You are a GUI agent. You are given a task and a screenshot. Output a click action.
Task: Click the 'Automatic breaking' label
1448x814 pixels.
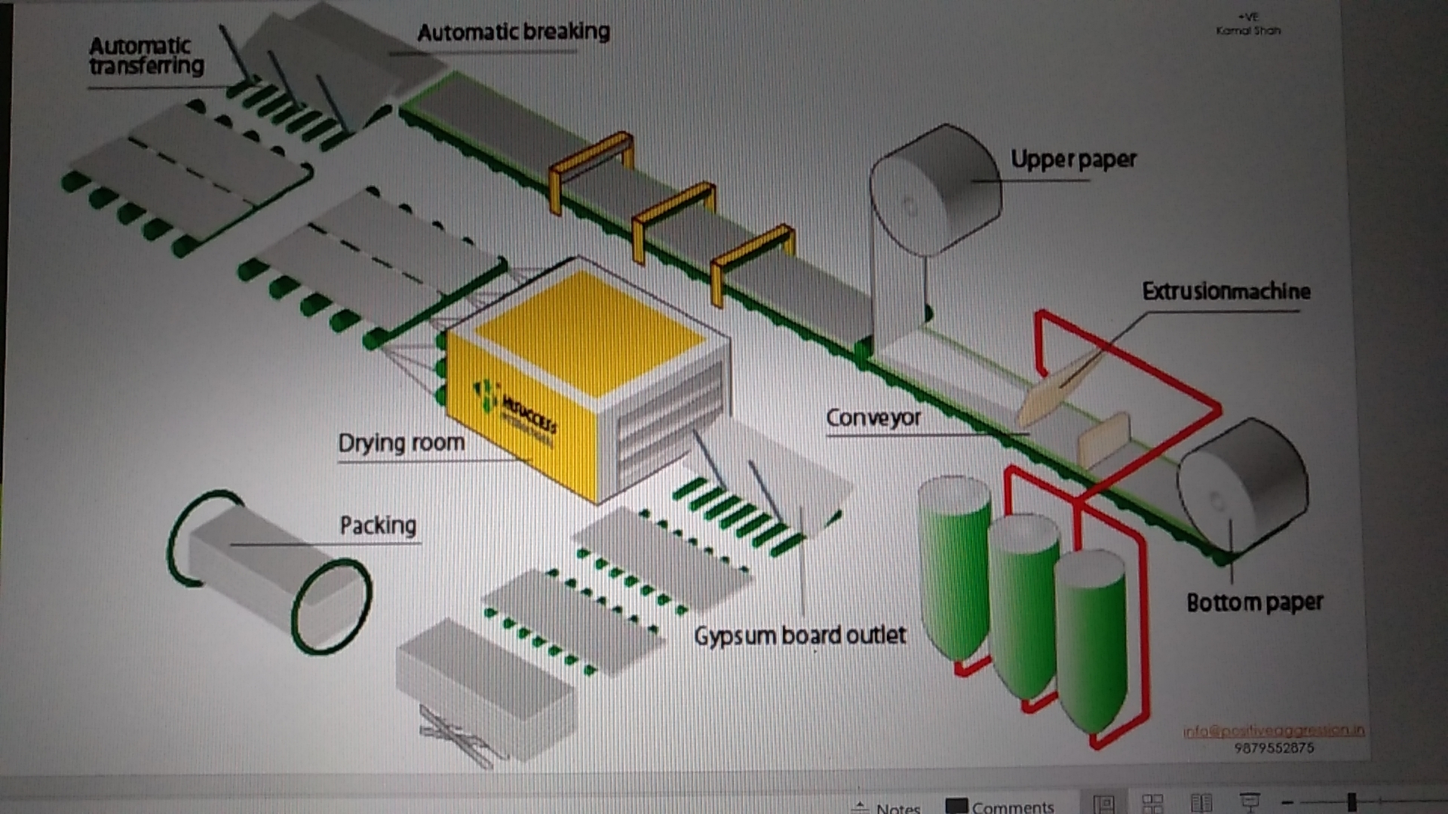coord(513,32)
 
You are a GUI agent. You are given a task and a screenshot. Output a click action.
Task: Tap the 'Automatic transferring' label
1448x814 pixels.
coord(146,56)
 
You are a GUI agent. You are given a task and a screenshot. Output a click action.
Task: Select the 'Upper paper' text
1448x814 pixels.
coord(1072,159)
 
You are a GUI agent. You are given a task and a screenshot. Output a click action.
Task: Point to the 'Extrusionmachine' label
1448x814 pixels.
coord(1226,291)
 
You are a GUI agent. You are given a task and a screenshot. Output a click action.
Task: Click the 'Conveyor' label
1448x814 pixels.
coord(873,417)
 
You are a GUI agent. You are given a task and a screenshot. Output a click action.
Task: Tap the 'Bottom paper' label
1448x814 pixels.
coord(1254,601)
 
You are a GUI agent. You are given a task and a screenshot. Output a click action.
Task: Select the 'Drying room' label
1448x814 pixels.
coord(400,442)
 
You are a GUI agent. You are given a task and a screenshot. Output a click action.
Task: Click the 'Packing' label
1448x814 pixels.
coord(378,525)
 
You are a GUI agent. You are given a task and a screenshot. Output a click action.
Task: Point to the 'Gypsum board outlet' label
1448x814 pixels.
coord(799,635)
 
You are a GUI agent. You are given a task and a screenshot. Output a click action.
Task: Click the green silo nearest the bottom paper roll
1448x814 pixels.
coord(1092,641)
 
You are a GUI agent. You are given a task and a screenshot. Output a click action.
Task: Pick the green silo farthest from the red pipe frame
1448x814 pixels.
coord(954,565)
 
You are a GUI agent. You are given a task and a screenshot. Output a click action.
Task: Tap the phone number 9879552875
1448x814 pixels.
coord(1274,748)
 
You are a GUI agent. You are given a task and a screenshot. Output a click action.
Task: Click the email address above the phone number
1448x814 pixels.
coord(1273,730)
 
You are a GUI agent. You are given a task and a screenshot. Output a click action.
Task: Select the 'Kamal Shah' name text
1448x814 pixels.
coord(1248,31)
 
